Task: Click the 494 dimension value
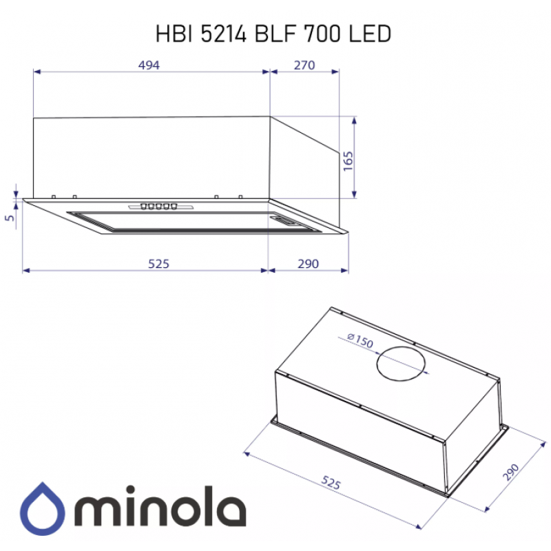(149, 65)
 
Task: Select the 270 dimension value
(304, 65)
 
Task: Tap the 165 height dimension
(348, 161)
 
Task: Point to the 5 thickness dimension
(10, 218)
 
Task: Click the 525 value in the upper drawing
(158, 264)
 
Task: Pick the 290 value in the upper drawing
(308, 264)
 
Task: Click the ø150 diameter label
(360, 340)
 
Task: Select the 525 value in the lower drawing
(331, 483)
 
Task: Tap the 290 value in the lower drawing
(510, 472)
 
